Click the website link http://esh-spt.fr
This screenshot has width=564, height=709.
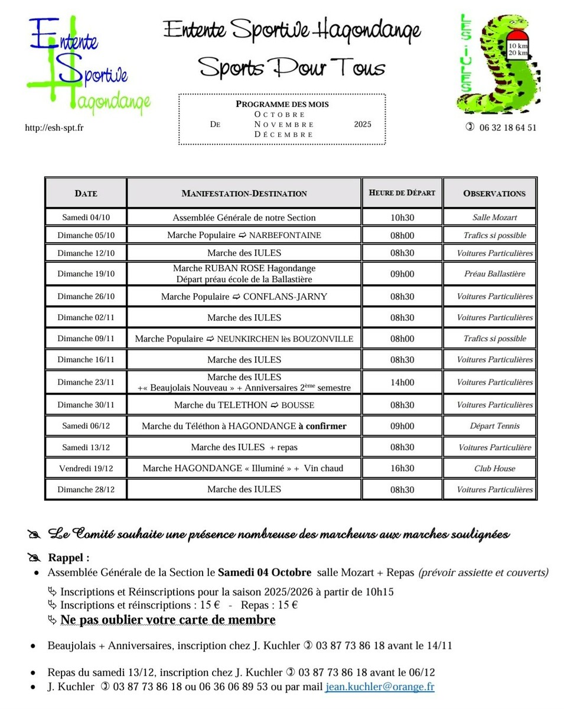54,128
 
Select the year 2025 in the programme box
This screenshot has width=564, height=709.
363,125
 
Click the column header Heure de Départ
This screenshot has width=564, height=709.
402,193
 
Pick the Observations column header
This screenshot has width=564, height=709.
494,193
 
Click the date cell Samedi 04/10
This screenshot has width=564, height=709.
86,217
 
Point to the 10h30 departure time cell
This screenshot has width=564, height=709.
402,217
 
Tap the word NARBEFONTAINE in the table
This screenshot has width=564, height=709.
285,235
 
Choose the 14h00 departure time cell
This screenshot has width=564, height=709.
402,382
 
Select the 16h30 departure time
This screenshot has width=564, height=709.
402,469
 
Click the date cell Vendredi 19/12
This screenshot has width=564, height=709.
86,469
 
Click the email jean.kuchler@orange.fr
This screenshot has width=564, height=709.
380,687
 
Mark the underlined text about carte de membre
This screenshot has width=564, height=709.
168,620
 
